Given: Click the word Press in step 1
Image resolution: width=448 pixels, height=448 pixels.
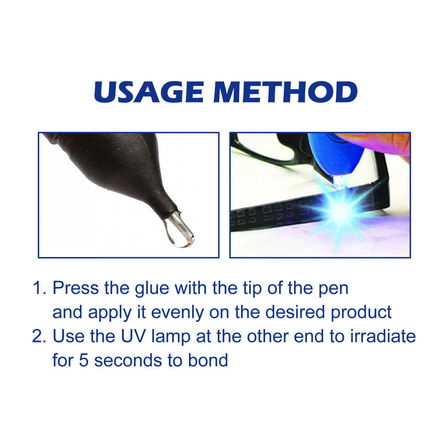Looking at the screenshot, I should [76, 288].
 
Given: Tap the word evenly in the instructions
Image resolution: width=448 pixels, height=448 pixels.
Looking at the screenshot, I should [177, 313].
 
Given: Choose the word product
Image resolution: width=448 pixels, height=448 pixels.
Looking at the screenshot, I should [361, 313].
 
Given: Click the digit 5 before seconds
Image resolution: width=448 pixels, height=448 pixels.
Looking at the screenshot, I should [84, 361].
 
